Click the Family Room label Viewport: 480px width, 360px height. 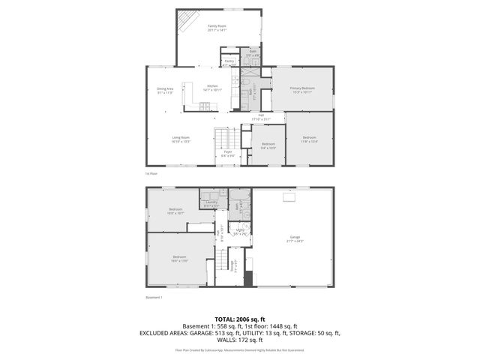pos(217,27)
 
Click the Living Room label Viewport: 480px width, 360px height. pos(181,139)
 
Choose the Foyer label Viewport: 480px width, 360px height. pos(228,152)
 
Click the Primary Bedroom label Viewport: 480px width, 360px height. pos(302,89)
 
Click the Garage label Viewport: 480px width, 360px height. pos(295,238)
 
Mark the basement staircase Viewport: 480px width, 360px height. pos(223,262)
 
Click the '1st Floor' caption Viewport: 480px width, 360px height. pos(151,173)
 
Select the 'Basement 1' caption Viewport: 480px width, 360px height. pos(154,297)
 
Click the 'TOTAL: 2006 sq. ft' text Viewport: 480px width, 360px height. pos(240,319)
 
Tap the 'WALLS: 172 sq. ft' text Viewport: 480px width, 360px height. pos(240,339)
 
